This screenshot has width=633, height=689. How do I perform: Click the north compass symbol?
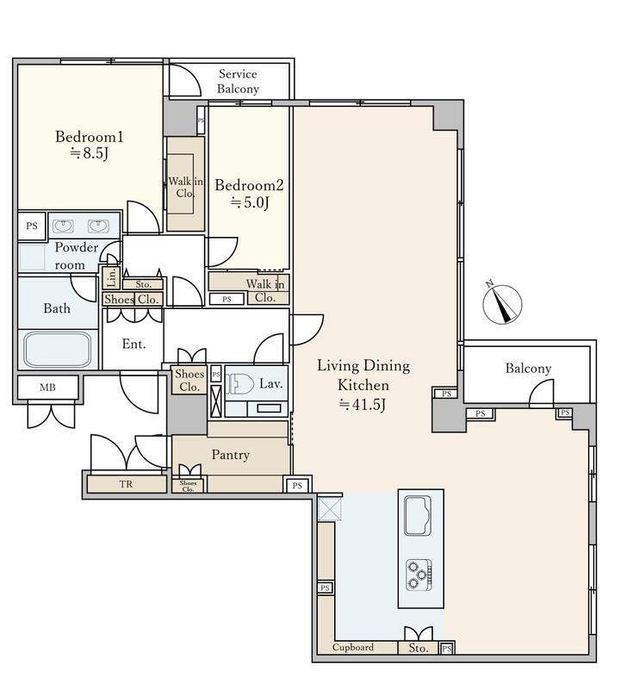[x=502, y=303]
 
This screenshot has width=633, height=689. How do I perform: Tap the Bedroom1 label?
[x=90, y=137]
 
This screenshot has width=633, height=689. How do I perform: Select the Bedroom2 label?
[x=249, y=185]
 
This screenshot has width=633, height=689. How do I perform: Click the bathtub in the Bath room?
[x=58, y=349]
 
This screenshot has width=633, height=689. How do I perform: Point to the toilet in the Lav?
[x=239, y=385]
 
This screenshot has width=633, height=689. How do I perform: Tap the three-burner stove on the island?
[x=419, y=574]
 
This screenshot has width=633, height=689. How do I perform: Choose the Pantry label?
[x=231, y=455]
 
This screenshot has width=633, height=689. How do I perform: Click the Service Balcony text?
[x=238, y=81]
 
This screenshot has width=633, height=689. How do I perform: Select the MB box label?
[x=47, y=388]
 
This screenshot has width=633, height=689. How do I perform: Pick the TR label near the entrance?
[x=126, y=484]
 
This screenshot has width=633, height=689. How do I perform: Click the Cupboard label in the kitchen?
[x=353, y=648]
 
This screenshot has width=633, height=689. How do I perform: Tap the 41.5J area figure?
[x=363, y=405]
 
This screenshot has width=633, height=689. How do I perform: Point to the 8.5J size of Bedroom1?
[x=90, y=154]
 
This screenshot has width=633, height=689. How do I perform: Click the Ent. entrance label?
[x=133, y=344]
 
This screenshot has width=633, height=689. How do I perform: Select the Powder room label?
[x=76, y=256]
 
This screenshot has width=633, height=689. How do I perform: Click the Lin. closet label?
[x=112, y=277]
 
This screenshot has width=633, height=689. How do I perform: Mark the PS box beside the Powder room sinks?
[x=32, y=227]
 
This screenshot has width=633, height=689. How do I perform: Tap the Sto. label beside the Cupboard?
[x=419, y=649]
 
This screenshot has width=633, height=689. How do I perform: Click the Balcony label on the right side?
[x=528, y=369]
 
